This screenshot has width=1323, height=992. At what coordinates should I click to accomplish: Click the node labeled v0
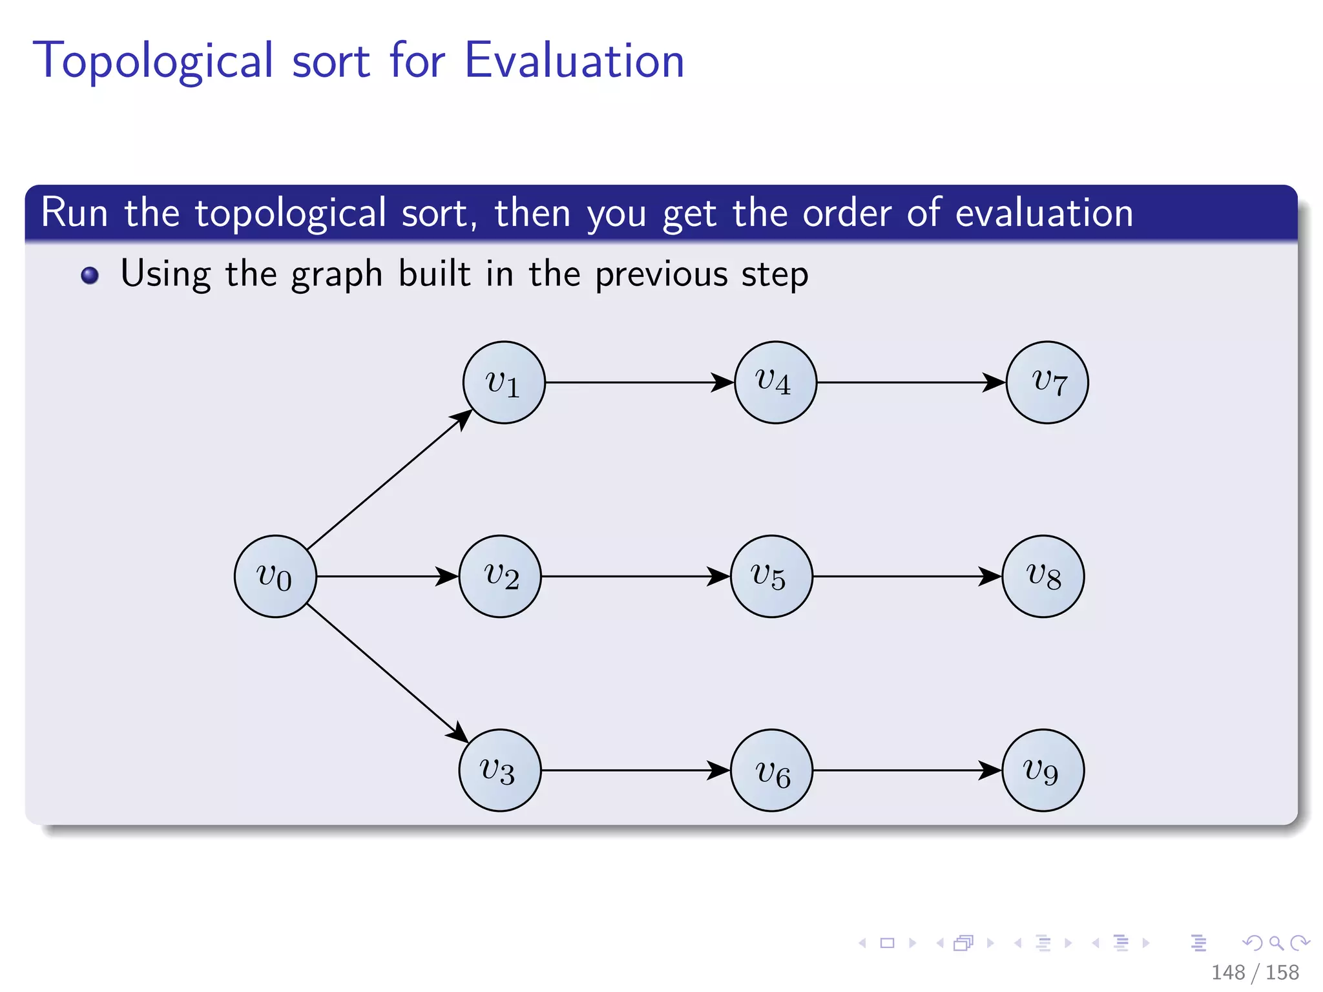click(275, 576)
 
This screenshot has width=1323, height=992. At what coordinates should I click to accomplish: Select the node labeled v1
click(504, 382)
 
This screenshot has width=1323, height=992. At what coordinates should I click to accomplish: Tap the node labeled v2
click(500, 576)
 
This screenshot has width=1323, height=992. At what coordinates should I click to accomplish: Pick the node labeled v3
click(500, 770)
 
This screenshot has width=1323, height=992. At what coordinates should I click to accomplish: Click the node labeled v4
click(775, 382)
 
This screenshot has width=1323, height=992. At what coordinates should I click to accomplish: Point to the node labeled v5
click(771, 576)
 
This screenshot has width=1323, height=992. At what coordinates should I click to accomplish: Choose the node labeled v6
click(771, 770)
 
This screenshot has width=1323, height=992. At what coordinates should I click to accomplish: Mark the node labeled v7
click(1047, 382)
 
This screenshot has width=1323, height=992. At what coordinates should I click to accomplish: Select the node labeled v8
click(1043, 576)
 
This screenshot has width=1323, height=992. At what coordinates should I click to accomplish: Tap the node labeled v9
click(1043, 770)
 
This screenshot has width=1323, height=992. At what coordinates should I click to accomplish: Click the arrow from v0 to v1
click(388, 480)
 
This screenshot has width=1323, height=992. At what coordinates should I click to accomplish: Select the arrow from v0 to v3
click(386, 672)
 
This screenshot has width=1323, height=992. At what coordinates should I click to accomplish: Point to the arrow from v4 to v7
click(911, 382)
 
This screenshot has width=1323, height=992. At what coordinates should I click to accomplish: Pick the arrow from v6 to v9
click(908, 770)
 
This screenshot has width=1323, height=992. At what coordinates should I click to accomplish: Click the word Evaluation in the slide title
click(574, 61)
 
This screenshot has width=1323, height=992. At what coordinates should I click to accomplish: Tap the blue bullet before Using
click(90, 275)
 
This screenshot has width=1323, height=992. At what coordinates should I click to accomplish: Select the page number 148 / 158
click(1255, 972)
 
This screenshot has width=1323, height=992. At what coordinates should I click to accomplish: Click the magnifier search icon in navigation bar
click(1276, 943)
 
